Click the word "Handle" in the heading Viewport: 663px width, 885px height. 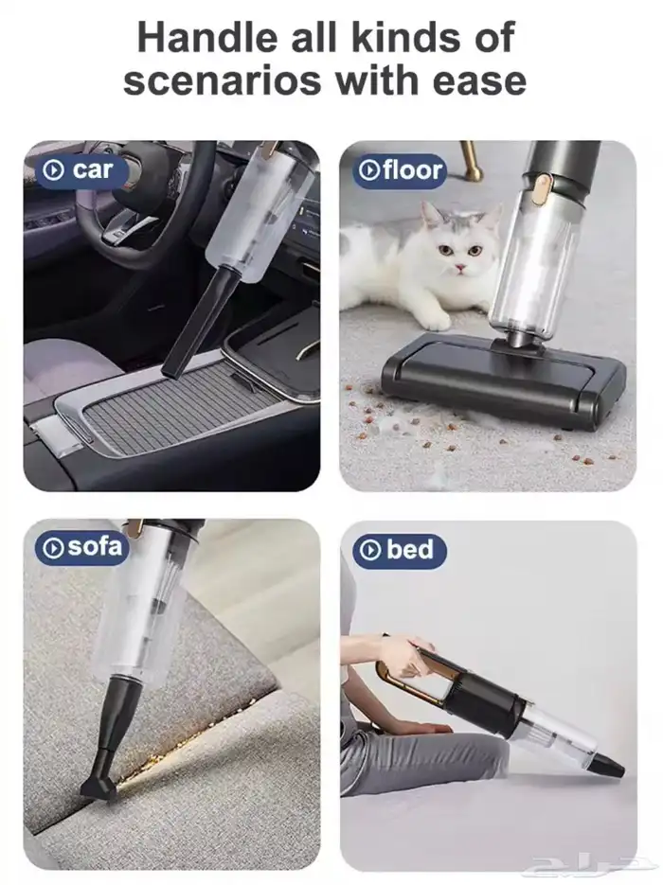(x=207, y=38)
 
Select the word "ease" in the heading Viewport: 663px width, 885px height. (x=479, y=80)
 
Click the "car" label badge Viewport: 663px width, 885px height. (x=81, y=169)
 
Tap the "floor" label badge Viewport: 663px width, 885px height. (x=401, y=169)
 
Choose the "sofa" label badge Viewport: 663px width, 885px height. (x=81, y=547)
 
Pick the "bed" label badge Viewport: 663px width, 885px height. (x=400, y=550)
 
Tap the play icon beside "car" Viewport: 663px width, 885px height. (x=54, y=170)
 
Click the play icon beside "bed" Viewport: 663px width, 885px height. (x=370, y=550)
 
